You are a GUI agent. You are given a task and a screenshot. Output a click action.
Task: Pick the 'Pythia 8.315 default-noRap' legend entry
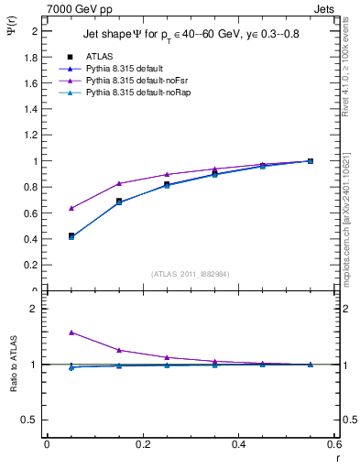pos(120,93)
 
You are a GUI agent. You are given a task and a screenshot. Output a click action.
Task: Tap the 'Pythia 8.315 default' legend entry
pos(110,69)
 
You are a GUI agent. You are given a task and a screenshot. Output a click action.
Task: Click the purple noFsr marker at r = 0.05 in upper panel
pos(71,208)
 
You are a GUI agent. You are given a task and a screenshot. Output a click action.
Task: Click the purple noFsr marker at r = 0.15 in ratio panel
pos(119,350)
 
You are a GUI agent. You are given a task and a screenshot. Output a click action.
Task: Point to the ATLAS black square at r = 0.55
pos(311,161)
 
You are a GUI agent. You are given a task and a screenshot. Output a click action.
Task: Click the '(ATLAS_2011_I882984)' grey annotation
pos(190,273)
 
